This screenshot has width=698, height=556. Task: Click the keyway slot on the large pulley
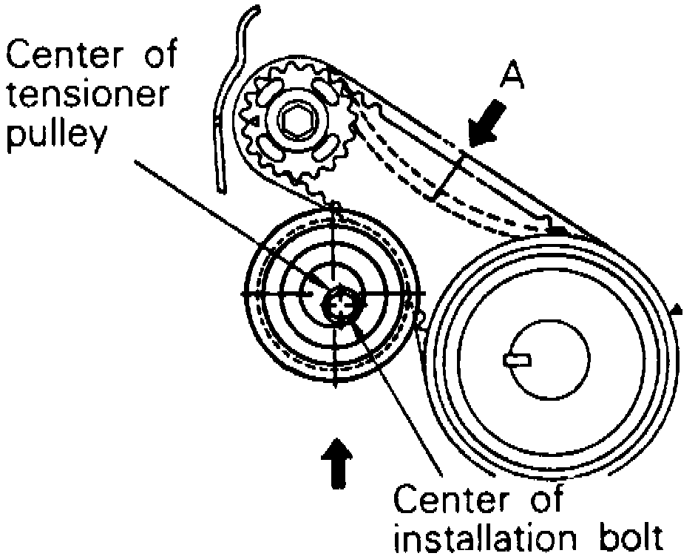(517, 359)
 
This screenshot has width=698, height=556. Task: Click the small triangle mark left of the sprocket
(254, 118)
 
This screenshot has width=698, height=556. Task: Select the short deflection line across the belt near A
(448, 174)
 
